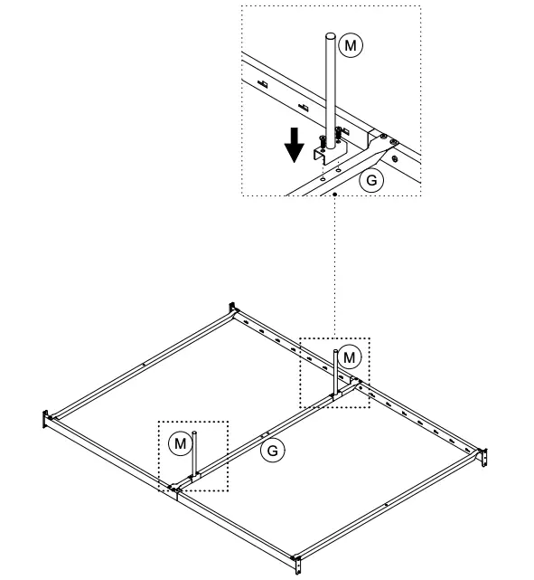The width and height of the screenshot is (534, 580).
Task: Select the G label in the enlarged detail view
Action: coord(369,179)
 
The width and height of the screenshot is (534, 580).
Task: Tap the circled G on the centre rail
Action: coord(270,449)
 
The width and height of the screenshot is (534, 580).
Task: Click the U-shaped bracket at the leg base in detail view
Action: coord(325,155)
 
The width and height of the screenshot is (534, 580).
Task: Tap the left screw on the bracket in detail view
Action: coord(321,140)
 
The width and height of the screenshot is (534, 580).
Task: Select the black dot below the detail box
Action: coord(335,193)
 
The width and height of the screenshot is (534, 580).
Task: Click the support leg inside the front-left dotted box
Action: coord(194,458)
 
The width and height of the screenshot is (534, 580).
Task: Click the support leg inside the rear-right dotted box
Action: coord(336,373)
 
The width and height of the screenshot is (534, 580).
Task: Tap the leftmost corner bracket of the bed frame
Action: coord(44,420)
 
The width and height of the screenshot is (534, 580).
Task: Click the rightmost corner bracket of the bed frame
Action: coord(485,457)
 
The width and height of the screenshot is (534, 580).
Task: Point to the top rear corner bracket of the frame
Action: coord(232,309)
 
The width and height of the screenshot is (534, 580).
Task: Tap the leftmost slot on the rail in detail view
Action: coord(262,84)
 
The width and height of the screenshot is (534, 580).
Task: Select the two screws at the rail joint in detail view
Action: coord(388,140)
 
